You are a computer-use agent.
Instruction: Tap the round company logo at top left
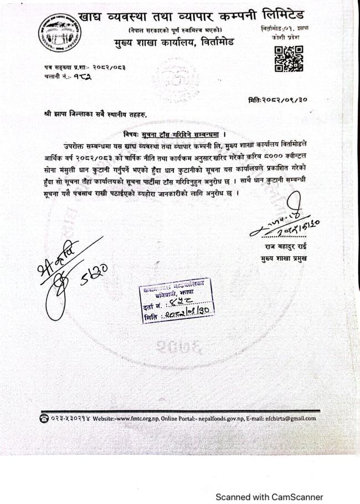56,33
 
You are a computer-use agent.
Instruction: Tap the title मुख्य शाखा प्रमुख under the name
285,259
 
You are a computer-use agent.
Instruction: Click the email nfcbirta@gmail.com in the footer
291,419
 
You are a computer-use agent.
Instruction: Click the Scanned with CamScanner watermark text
269,497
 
